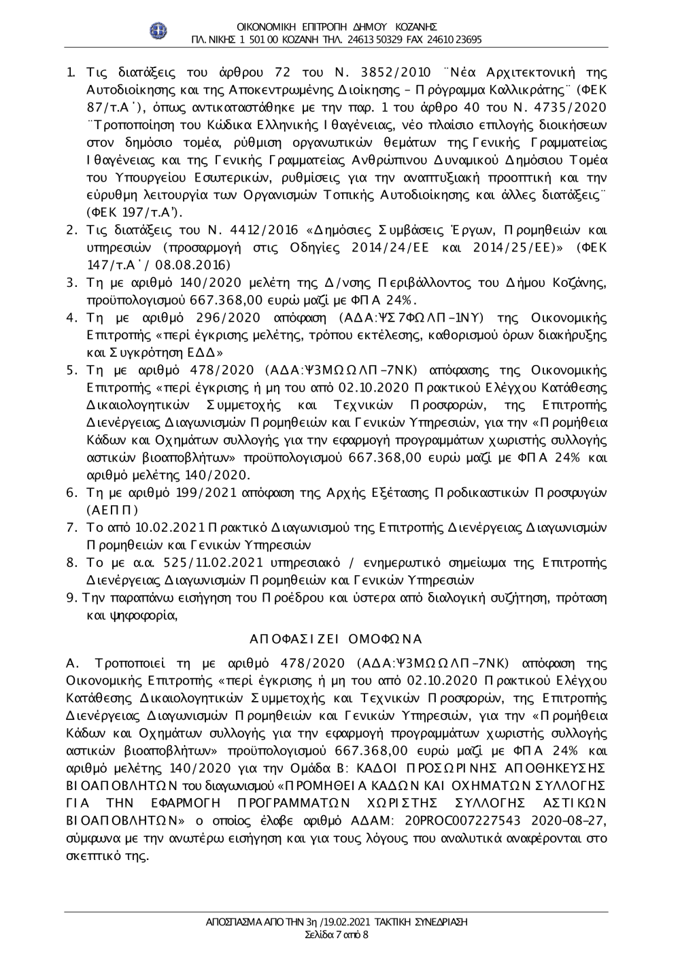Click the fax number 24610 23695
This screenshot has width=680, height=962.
point(455,39)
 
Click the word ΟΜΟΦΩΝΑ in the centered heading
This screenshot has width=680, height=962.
point(384,638)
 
